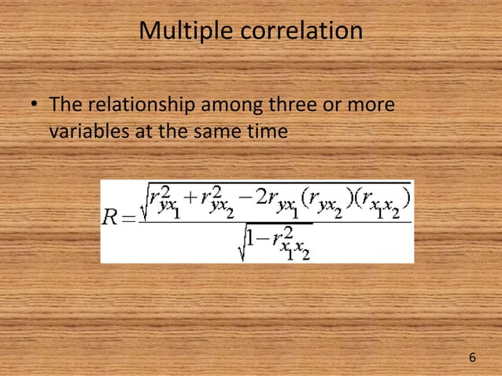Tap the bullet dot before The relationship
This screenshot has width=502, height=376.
[35, 105]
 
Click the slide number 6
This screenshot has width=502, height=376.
[472, 358]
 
